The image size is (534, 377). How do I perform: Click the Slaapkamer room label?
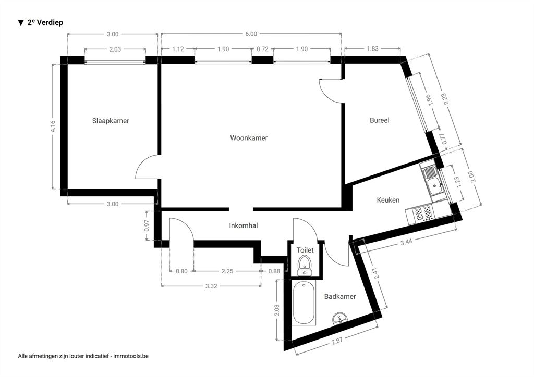click(x=111, y=121)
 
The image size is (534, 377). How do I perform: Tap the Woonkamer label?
click(x=249, y=137)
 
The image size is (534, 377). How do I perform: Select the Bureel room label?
click(x=380, y=120)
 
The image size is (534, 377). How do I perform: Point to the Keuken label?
click(x=388, y=200)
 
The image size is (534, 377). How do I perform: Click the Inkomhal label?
click(x=243, y=225)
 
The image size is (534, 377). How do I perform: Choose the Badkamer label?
click(x=339, y=296)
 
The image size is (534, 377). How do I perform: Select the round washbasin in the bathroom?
click(x=340, y=318)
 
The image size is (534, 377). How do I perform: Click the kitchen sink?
click(x=432, y=181)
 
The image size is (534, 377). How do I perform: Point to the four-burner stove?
click(x=422, y=214)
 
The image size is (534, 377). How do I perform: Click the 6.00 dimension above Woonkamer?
click(x=251, y=34)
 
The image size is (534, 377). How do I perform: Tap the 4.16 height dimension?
click(x=53, y=127)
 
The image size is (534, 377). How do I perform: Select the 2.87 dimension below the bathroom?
click(x=337, y=341)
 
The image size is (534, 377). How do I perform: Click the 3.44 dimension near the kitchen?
click(x=406, y=242)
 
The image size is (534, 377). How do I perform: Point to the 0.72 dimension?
click(x=262, y=49)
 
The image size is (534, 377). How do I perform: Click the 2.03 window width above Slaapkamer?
click(x=115, y=49)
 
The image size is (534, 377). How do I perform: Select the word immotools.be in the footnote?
click(x=131, y=356)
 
